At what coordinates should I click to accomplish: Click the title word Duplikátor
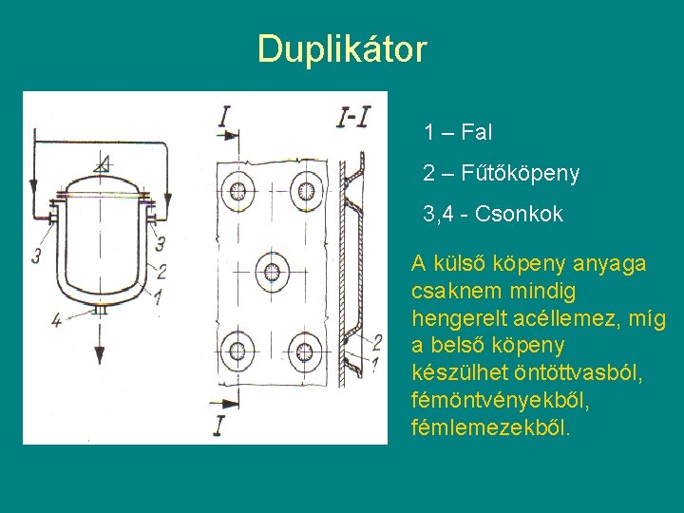coord(342,49)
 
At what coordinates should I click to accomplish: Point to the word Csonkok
coord(526,216)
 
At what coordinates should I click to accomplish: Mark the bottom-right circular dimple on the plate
coord(306,351)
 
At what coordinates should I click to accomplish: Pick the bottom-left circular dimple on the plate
coord(237,351)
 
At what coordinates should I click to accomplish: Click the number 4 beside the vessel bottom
coord(57,320)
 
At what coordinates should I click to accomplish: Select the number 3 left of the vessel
coord(36,256)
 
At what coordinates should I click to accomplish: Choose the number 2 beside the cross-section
coord(377,341)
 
